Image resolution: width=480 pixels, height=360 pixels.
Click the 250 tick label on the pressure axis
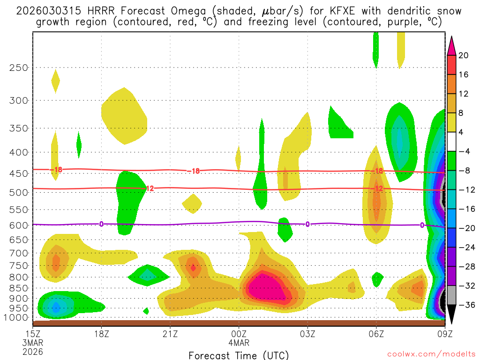pyautogui.click(x=18, y=67)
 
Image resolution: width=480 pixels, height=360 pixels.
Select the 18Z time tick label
pyautogui.click(x=102, y=334)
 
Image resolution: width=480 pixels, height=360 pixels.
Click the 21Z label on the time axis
pyautogui.click(x=170, y=334)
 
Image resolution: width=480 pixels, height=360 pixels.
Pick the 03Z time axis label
pyautogui.click(x=307, y=334)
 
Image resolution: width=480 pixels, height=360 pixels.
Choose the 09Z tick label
pyautogui.click(x=444, y=334)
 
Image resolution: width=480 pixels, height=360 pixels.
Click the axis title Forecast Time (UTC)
pyautogui.click(x=239, y=355)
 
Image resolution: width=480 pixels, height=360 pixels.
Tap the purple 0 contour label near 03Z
pyautogui.click(x=307, y=224)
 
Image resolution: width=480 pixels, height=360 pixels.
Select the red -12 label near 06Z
pyautogui.click(x=378, y=188)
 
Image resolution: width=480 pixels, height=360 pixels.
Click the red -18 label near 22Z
pyautogui.click(x=194, y=171)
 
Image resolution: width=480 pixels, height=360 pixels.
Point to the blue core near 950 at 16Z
pyautogui.click(x=56, y=307)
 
